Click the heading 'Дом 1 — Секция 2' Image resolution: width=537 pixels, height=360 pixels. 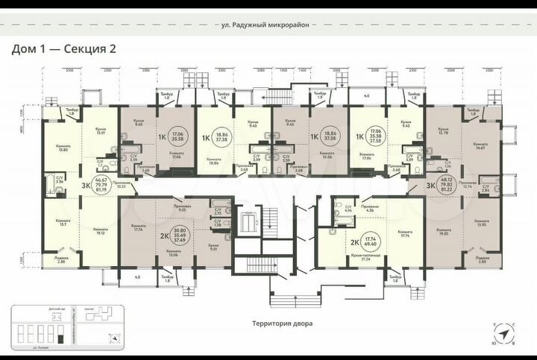63,48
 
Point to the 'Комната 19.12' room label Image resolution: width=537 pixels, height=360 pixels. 98,232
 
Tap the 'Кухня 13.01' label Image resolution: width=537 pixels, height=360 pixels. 99,133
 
